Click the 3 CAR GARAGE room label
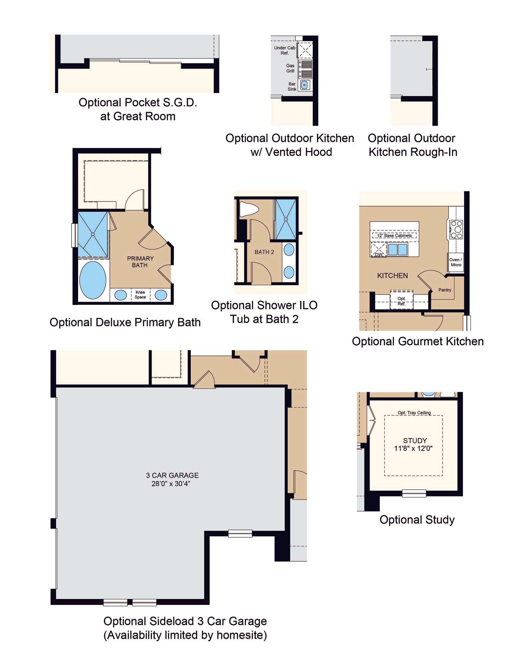172,475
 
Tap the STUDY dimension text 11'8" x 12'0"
413,448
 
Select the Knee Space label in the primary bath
140,295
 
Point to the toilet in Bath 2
249,209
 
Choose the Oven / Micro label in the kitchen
456,262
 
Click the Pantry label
445,290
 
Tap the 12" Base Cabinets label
394,236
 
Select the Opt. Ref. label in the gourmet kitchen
401,301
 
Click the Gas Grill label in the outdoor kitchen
290,68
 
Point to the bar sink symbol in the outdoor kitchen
305,85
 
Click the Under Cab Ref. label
285,50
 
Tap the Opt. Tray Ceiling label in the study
414,413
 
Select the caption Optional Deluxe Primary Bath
125,322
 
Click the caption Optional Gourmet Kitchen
418,341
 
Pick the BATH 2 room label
264,252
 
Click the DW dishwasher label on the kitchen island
379,255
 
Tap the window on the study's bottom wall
414,493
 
